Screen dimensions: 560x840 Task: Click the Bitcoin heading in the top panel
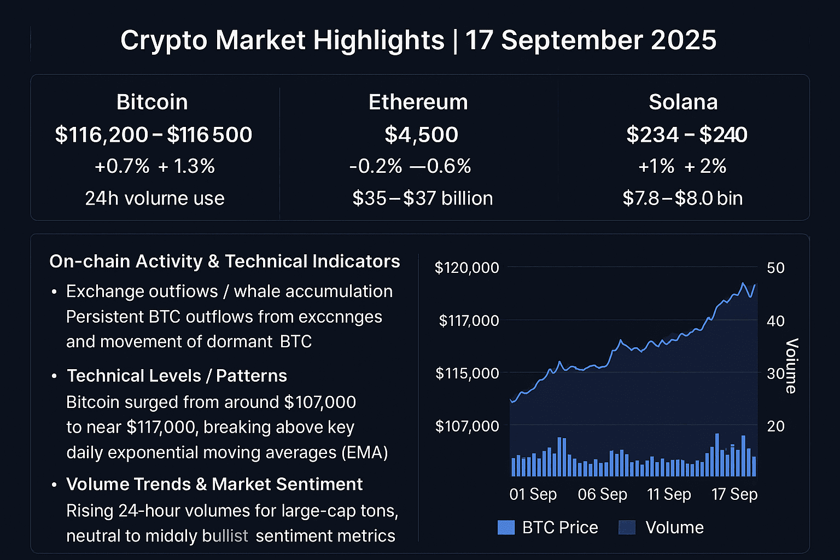tap(152, 102)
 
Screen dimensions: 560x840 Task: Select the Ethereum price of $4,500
tap(421, 135)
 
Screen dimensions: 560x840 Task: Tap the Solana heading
tap(683, 102)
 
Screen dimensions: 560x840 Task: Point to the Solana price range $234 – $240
tap(686, 135)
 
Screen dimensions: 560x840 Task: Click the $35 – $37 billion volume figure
tap(422, 198)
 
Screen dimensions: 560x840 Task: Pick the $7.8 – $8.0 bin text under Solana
tap(682, 198)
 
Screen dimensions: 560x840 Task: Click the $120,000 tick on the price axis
tap(466, 268)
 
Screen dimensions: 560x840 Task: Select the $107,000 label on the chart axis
tap(467, 426)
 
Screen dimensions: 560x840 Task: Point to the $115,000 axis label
tap(467, 374)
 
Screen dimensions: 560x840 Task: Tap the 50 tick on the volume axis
tap(775, 268)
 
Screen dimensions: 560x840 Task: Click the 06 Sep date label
tap(602, 494)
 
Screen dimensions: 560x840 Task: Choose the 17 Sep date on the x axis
tap(734, 494)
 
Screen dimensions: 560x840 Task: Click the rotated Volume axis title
tap(791, 365)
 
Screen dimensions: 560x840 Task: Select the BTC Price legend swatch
tap(506, 528)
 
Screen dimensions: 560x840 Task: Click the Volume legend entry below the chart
tap(674, 528)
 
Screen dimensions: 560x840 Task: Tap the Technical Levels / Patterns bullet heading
tap(177, 376)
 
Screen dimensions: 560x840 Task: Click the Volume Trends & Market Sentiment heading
tap(214, 484)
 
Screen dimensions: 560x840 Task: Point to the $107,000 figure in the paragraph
tap(320, 402)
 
